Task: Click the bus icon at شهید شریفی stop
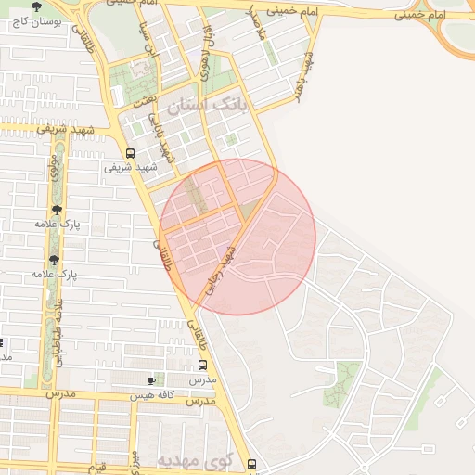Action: coord(130,154)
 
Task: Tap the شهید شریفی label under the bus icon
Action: coord(130,169)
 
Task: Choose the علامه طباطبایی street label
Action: coord(58,330)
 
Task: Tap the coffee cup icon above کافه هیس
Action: coord(152,380)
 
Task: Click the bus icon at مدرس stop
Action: coord(203,365)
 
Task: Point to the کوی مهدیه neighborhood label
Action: coord(192,461)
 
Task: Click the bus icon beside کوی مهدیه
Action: coord(251,462)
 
